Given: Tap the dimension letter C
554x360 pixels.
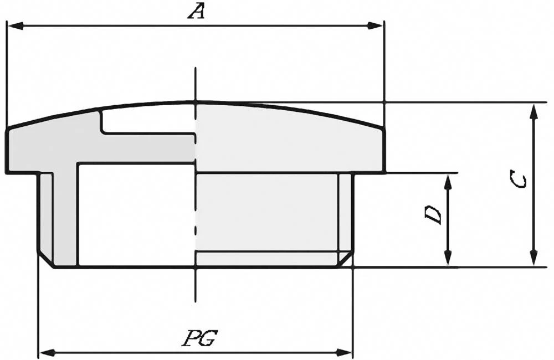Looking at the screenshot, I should [519, 180].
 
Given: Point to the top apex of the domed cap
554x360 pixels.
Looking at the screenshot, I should [196, 102].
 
